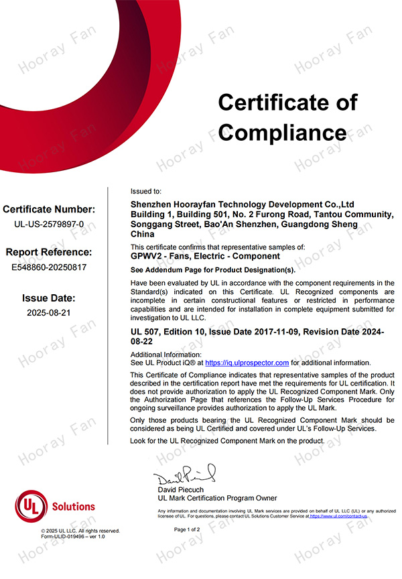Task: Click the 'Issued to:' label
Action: (145, 191)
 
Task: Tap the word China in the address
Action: (142, 235)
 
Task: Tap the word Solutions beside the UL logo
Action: (73, 507)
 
